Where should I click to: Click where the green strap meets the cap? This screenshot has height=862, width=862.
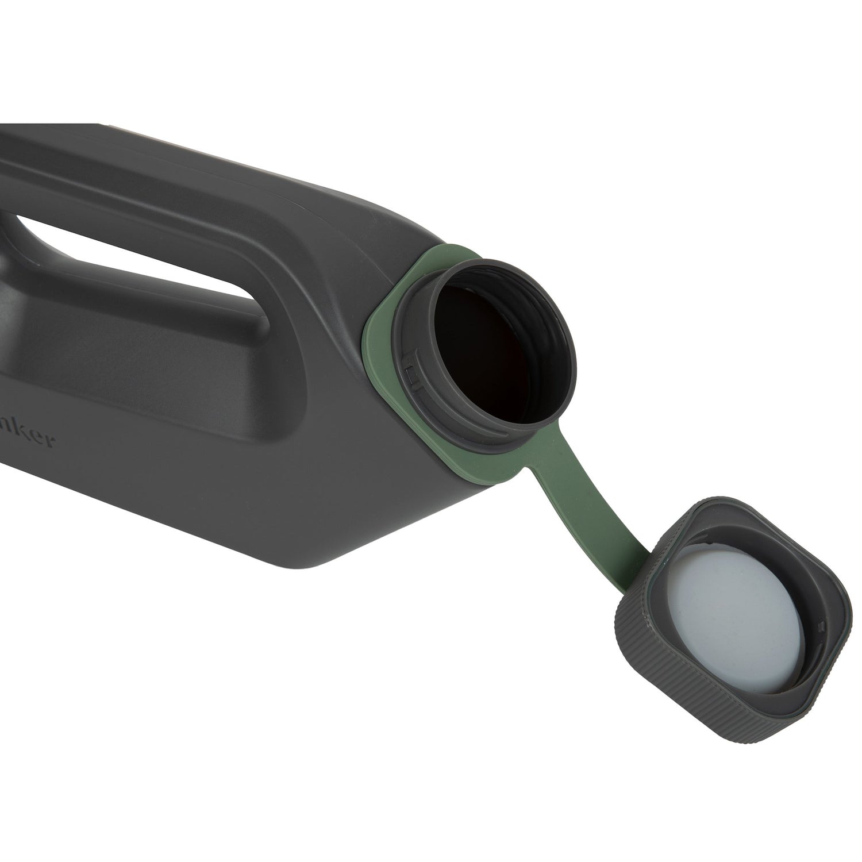(624, 580)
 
